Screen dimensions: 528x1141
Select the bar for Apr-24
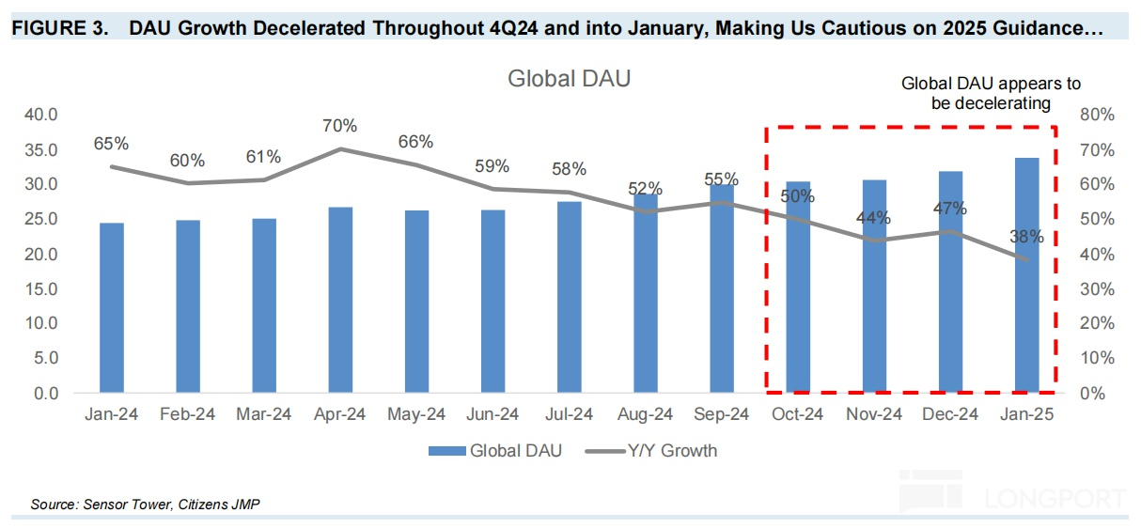(340, 300)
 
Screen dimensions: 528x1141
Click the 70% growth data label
(339, 126)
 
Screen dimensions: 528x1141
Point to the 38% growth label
(1026, 237)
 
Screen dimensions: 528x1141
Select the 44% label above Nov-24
(873, 218)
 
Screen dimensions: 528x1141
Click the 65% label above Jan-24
(111, 144)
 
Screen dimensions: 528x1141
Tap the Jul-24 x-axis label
(569, 414)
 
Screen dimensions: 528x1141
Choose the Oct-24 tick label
(797, 414)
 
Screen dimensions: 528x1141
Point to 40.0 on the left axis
(40, 115)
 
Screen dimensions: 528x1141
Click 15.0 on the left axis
(40, 288)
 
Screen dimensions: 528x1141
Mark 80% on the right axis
(1097, 115)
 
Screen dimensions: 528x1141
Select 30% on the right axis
(1097, 288)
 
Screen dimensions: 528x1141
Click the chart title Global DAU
(569, 79)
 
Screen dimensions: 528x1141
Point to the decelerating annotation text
(991, 93)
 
